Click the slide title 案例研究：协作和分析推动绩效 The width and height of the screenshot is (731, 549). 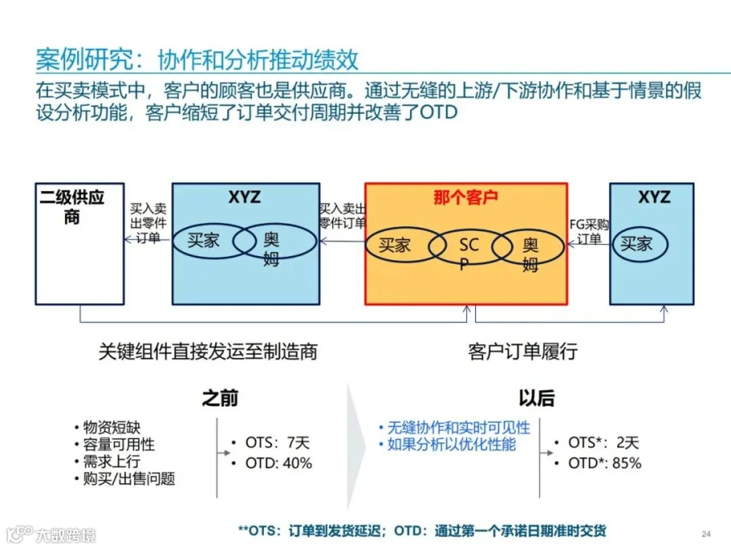(197, 59)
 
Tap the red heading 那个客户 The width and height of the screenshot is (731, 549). (465, 198)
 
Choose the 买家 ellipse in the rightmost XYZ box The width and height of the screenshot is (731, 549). (639, 242)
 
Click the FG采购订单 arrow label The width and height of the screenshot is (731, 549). (589, 231)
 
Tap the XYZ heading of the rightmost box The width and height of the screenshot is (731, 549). (654, 197)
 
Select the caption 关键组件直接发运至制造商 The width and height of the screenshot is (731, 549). (207, 351)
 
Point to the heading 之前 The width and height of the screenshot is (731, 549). (220, 398)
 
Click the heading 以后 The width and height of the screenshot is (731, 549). (537, 398)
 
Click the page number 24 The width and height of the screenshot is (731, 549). (706, 534)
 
